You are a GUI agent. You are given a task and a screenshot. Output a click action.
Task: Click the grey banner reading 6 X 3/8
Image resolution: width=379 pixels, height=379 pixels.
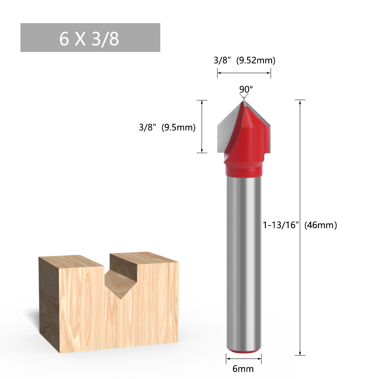click(x=90, y=38)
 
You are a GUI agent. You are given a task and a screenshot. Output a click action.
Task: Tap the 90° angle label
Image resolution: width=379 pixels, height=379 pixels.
click(x=246, y=89)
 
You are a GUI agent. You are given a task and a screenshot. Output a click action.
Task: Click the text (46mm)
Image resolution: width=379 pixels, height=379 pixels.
click(x=321, y=225)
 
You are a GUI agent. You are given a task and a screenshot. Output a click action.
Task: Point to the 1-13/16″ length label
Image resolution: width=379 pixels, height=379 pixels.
click(x=281, y=225)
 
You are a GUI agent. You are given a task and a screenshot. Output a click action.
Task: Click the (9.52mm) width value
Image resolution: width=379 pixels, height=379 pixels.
click(x=255, y=60)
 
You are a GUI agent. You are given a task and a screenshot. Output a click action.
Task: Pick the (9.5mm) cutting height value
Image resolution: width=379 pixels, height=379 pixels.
click(x=179, y=128)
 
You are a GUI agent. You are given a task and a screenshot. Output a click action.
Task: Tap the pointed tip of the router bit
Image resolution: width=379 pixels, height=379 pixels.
click(x=243, y=101)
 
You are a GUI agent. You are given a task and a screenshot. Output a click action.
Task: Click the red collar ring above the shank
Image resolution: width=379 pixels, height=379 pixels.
click(x=244, y=169)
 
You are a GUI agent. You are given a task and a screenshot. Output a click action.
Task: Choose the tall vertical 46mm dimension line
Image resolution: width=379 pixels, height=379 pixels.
click(x=300, y=288)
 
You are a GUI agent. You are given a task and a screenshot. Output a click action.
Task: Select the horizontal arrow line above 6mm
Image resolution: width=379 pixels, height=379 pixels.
click(x=244, y=358)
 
